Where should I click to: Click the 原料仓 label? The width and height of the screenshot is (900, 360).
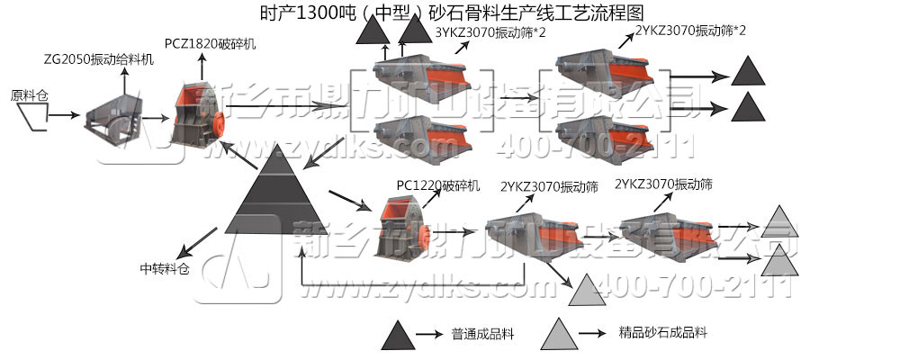(28, 94)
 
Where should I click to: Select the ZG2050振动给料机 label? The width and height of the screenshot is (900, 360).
(98, 58)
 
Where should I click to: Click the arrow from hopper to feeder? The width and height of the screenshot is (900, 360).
(62, 116)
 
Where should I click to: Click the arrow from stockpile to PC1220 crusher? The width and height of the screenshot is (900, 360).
(347, 199)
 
